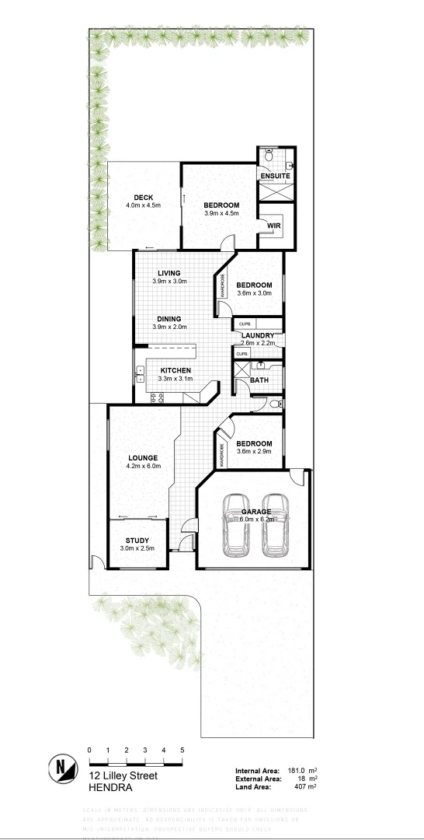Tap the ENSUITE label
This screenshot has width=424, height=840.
(x=275, y=177)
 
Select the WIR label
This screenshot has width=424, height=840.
(x=273, y=226)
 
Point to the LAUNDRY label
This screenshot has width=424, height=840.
(x=258, y=335)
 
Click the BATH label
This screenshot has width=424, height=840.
(x=259, y=380)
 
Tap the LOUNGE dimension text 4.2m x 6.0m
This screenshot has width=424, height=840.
(x=143, y=467)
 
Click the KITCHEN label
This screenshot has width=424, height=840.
(x=176, y=370)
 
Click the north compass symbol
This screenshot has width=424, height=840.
(x=61, y=769)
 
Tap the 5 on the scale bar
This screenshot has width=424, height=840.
(x=182, y=750)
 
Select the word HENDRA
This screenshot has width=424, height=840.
(x=110, y=787)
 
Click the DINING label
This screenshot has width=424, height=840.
(x=169, y=319)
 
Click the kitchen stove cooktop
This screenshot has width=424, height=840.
(x=155, y=397)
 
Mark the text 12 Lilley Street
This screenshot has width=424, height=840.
(x=123, y=775)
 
